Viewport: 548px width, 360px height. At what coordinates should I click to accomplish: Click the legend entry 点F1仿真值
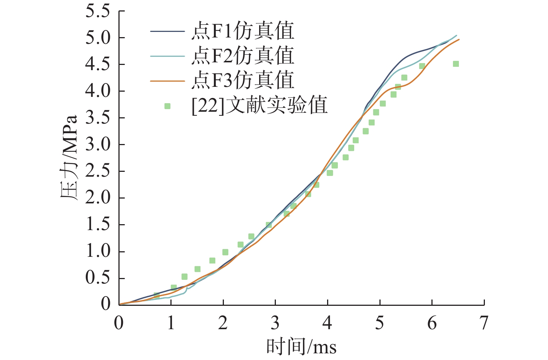click(242, 31)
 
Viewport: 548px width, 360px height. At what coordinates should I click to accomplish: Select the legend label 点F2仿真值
click(242, 56)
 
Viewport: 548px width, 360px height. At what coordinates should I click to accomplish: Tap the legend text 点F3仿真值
click(242, 81)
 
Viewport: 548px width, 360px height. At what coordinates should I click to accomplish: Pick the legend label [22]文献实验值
click(260, 105)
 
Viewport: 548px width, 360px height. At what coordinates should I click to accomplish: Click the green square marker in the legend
click(167, 106)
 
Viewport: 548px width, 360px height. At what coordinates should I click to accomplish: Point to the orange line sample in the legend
click(167, 81)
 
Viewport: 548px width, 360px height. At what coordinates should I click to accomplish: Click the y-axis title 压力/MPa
click(69, 158)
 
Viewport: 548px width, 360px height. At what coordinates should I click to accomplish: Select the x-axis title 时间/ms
click(301, 347)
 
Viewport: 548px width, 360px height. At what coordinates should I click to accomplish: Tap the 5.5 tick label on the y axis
click(98, 12)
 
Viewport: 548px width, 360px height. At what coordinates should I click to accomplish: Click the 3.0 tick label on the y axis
click(98, 145)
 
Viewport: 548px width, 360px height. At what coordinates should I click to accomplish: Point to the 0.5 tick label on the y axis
click(98, 278)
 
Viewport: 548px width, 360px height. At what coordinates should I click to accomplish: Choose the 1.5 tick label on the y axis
click(98, 225)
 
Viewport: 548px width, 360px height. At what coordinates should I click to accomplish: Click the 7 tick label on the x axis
click(484, 323)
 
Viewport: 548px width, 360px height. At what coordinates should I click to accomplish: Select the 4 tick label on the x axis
click(327, 323)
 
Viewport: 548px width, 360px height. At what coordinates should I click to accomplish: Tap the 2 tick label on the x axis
click(223, 323)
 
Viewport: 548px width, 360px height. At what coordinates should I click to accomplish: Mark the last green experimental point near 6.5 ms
click(456, 64)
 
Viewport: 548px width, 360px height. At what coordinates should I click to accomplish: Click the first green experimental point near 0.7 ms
click(156, 296)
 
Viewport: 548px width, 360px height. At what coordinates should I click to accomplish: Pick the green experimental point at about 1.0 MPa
click(225, 252)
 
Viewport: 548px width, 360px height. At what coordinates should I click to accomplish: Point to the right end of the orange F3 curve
click(459, 39)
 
